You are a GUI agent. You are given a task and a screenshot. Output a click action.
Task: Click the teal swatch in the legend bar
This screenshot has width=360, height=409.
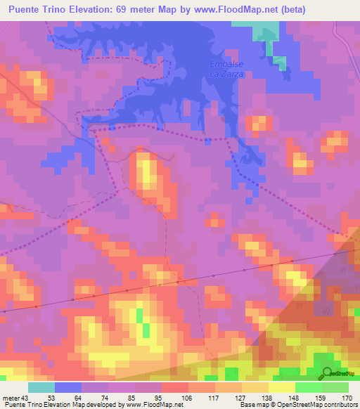click(41, 387)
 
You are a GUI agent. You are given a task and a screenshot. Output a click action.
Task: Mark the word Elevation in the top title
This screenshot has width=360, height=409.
click(90, 9)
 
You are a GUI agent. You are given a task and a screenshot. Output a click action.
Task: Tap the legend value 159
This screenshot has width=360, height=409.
click(319, 398)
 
